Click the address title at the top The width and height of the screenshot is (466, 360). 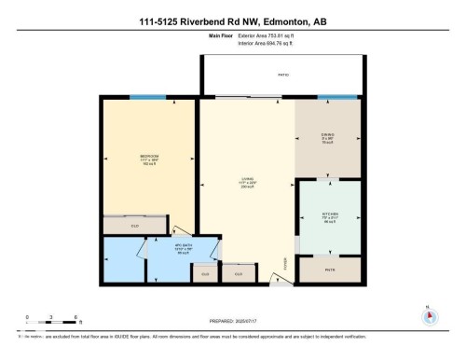point(232,21)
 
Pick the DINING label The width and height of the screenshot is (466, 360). point(328,135)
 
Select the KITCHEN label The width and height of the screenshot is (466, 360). point(329,215)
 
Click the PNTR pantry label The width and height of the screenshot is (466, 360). point(329,270)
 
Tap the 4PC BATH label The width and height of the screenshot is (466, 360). point(183,247)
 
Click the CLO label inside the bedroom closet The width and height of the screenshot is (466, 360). point(135,226)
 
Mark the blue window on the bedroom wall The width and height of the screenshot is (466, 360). point(143,97)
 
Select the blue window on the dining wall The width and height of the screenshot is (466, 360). point(345,97)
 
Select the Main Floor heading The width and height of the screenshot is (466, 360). point(221,35)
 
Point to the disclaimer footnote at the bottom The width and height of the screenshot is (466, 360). point(186,335)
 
